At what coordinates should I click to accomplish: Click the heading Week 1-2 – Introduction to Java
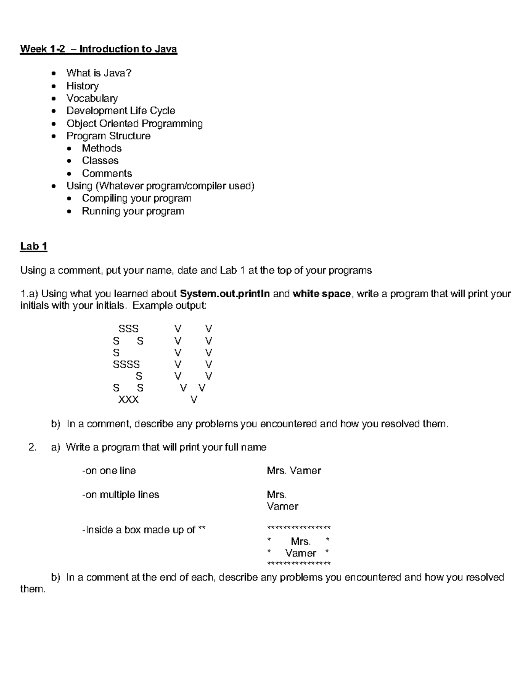click(99, 49)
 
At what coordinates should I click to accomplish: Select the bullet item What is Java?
click(99, 73)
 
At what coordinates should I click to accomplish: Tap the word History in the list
click(83, 86)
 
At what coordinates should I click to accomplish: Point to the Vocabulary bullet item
click(92, 98)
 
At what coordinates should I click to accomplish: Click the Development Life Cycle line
click(121, 111)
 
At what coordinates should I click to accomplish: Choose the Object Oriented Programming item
click(134, 124)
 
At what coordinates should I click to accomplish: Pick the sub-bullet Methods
click(102, 148)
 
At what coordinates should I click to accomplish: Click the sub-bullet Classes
click(100, 161)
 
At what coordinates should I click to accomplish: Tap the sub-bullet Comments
click(107, 173)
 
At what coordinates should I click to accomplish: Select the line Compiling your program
click(137, 198)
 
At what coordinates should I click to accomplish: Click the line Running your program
click(133, 211)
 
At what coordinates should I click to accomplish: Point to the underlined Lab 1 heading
click(34, 247)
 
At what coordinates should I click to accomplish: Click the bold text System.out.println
click(225, 294)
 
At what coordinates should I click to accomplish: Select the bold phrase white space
click(321, 294)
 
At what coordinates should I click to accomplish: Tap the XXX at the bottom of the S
click(128, 399)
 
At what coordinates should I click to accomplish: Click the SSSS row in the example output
click(126, 364)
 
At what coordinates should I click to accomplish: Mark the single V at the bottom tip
click(194, 399)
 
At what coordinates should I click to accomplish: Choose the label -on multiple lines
click(121, 495)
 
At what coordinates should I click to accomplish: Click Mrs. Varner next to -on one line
click(294, 471)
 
